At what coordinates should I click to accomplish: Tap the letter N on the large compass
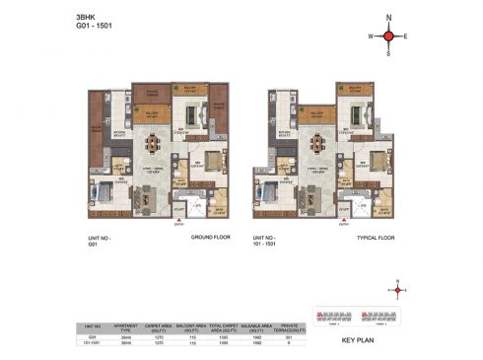[x=388, y=18]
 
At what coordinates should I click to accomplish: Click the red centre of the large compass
[x=388, y=36]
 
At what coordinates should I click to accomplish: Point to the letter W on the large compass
[x=370, y=37]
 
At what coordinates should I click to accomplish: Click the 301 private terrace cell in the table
[x=289, y=337]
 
